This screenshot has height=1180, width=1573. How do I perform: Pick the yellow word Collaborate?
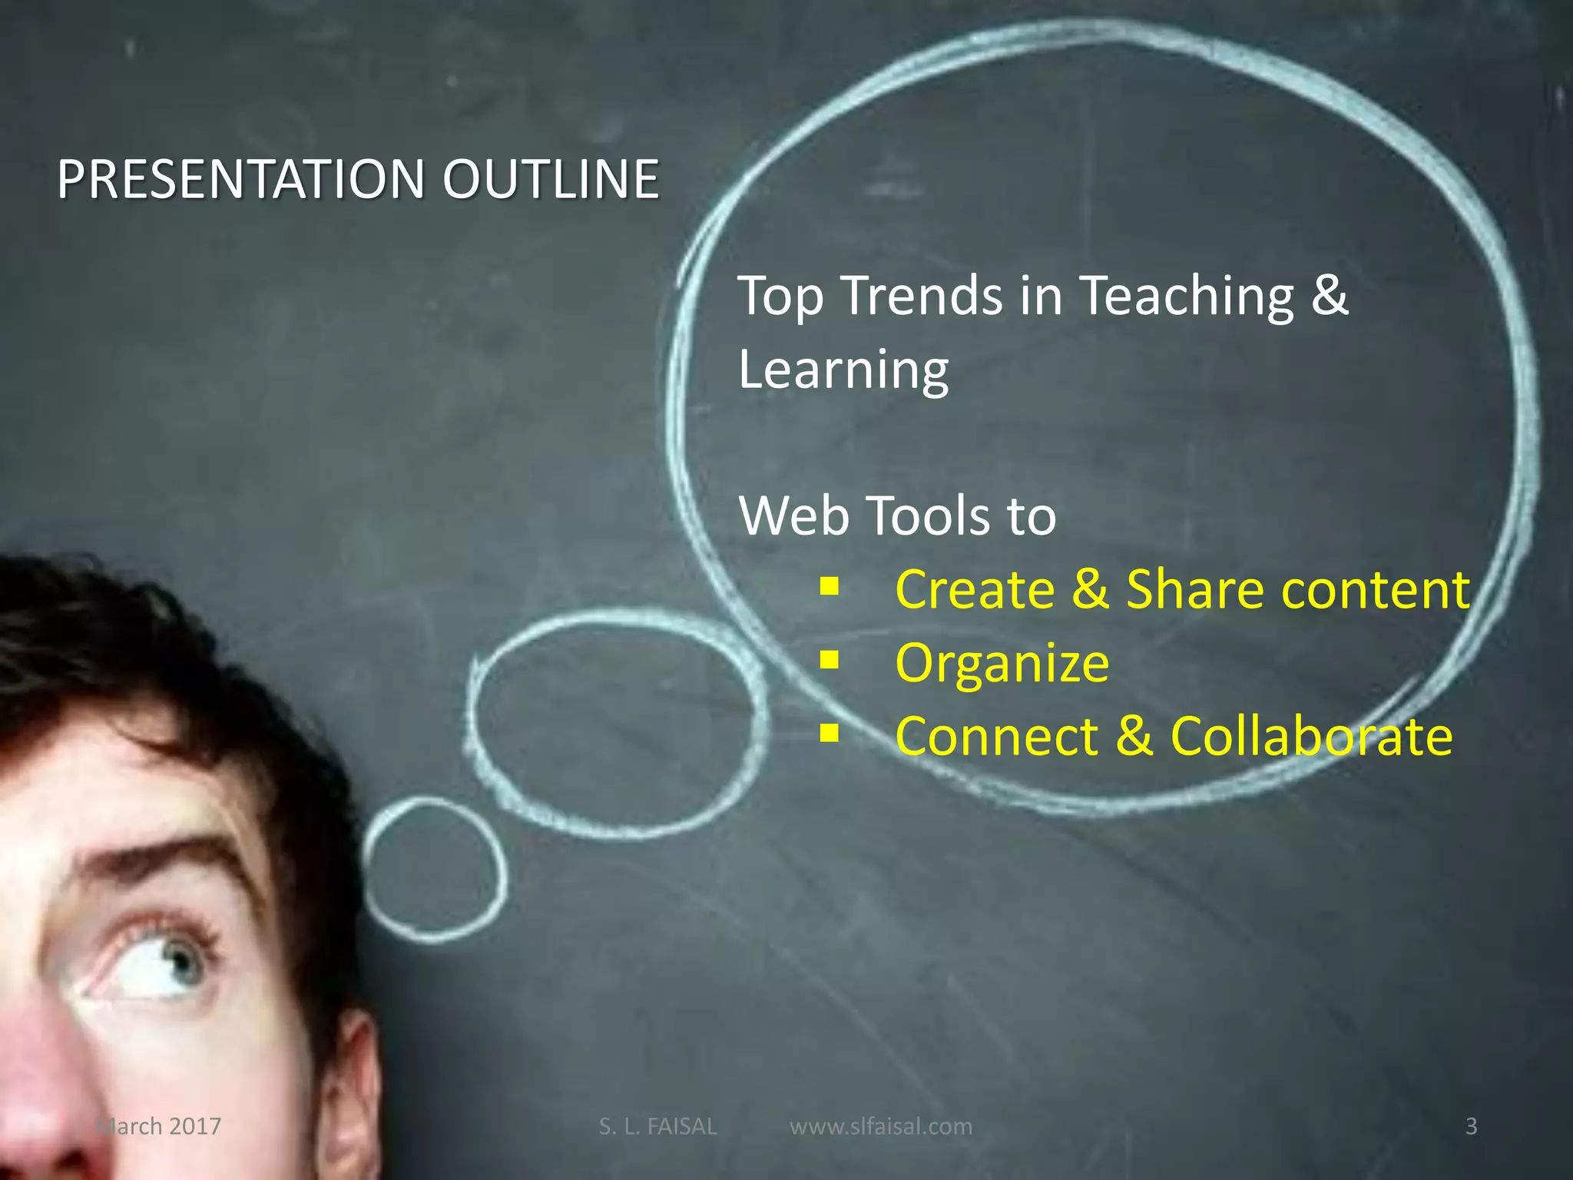(1311, 737)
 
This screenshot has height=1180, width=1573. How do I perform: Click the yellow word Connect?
(996, 737)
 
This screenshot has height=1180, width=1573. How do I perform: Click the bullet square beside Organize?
(829, 659)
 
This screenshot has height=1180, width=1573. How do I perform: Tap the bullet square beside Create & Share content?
(829, 586)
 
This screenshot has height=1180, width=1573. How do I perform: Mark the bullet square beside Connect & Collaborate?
(829, 733)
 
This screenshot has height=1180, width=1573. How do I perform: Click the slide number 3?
(1471, 1126)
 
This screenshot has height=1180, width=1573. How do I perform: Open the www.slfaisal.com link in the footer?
(880, 1126)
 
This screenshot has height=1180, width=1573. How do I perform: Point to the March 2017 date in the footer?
(158, 1126)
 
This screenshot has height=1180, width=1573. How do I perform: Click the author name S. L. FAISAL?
(657, 1126)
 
